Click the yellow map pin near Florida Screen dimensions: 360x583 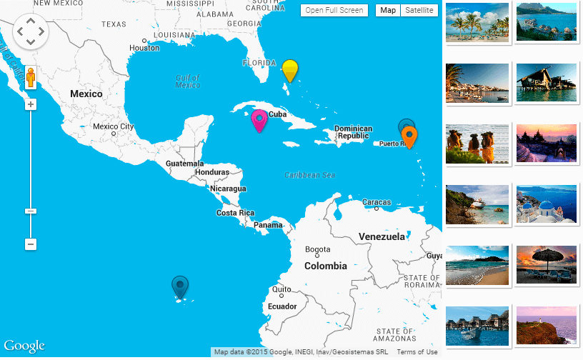click(289, 71)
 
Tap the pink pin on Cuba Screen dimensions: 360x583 click(259, 120)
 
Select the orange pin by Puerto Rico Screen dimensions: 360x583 click(409, 135)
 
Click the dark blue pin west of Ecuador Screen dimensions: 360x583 click(180, 286)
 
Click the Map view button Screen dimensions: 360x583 click(388, 10)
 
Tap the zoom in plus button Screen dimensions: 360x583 click(31, 104)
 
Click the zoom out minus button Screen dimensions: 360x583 click(31, 244)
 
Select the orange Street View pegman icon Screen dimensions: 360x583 click(31, 77)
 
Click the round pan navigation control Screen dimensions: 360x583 click(30, 31)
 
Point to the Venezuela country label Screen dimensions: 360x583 click(382, 236)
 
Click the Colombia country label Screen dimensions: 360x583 click(325, 266)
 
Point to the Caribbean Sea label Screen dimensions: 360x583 click(309, 175)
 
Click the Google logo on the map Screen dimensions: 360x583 click(24, 346)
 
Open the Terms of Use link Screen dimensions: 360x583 click(417, 352)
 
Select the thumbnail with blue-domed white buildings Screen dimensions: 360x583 click(546, 205)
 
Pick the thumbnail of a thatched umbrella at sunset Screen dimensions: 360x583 click(546, 264)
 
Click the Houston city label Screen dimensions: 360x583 click(144, 48)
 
